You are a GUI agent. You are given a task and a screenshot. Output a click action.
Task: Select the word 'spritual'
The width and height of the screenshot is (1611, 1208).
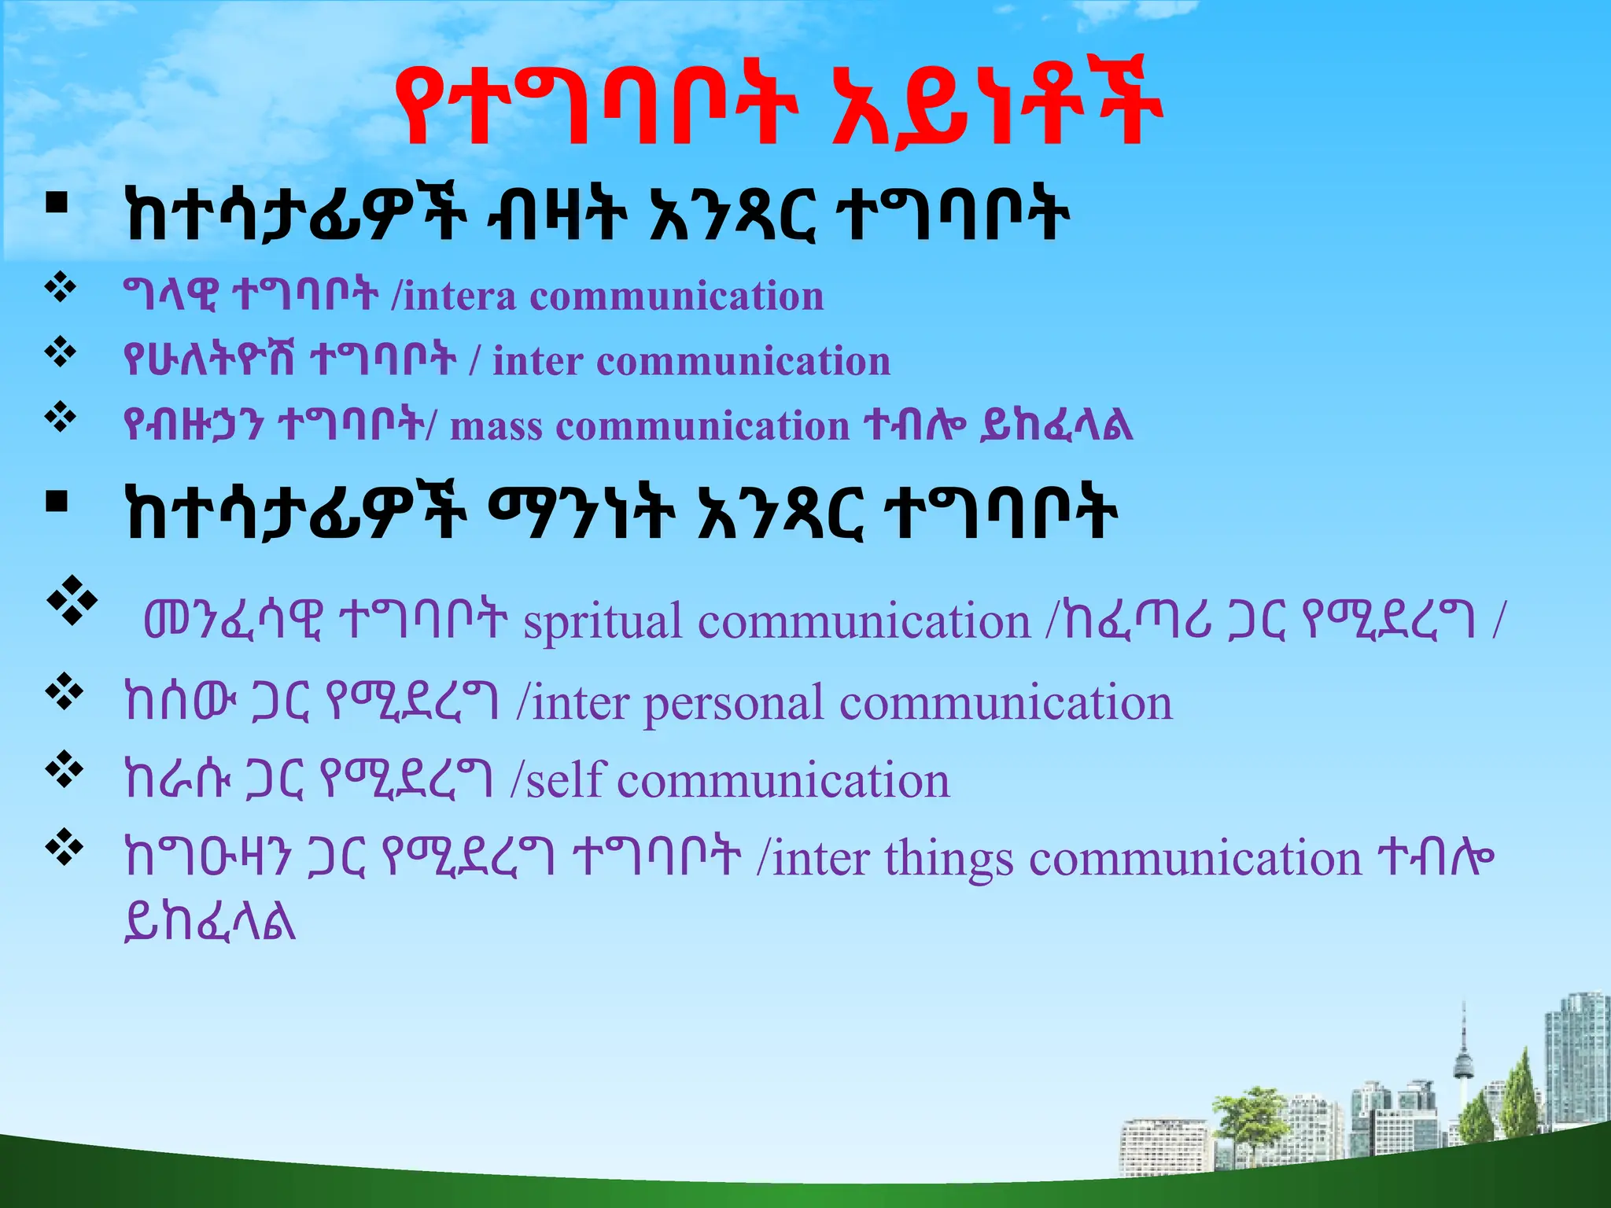[603, 622]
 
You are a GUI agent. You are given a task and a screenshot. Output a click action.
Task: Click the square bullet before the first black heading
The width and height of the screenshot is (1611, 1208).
[57, 205]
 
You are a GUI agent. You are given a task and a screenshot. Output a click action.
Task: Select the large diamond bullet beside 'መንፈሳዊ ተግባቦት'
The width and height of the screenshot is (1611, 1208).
[72, 602]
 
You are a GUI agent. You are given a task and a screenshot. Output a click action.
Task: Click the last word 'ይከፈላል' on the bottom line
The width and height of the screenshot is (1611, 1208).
[210, 922]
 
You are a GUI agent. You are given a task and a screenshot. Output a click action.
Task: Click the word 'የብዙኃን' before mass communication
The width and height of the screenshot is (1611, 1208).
[193, 427]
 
